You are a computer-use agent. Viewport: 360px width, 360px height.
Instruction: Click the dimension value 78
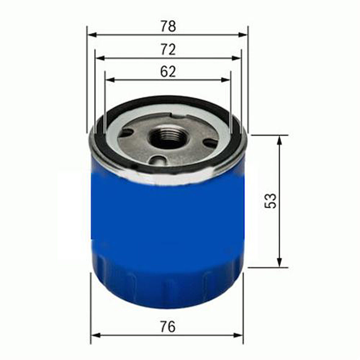pos(168,27)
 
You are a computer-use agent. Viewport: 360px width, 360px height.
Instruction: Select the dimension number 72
pos(168,50)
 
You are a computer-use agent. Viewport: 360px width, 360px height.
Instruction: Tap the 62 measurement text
pos(168,72)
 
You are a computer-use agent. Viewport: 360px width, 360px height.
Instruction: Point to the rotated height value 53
pos(271,200)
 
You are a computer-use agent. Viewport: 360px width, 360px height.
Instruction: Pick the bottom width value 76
pos(168,327)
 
